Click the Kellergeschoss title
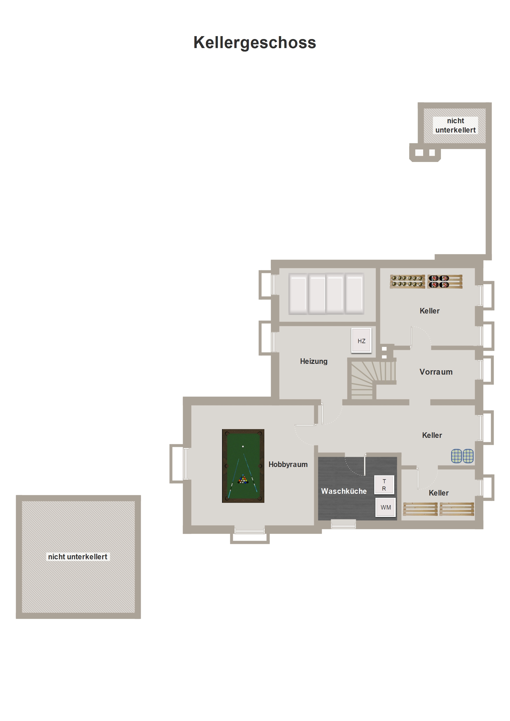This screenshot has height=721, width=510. [x=254, y=43]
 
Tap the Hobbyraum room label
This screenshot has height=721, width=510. [x=288, y=464]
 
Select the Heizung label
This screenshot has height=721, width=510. [x=314, y=362]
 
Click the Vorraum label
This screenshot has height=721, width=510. [x=436, y=372]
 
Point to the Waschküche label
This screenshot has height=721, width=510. [x=344, y=491]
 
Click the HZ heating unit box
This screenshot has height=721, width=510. [x=361, y=341]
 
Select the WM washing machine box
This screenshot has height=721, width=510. [x=386, y=507]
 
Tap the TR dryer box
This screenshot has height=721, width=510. [x=384, y=485]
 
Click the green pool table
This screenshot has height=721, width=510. [x=243, y=466]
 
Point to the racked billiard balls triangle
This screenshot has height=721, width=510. [x=243, y=479]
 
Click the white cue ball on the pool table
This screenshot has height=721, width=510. [x=243, y=446]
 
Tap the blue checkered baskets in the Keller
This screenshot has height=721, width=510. [x=462, y=456]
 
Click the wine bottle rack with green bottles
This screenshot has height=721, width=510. [x=407, y=281]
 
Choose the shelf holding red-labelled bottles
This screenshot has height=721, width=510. [x=445, y=281]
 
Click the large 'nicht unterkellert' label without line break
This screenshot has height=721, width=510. [x=78, y=557]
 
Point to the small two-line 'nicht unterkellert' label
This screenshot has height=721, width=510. [x=455, y=125]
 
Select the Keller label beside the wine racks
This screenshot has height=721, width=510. [x=429, y=311]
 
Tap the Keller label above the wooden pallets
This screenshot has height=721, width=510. [x=438, y=493]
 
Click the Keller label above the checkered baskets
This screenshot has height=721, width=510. [x=432, y=435]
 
